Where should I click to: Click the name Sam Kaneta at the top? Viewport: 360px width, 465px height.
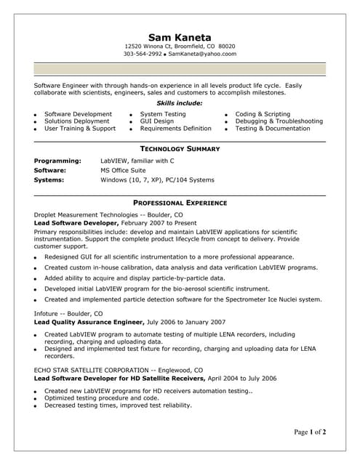(179, 37)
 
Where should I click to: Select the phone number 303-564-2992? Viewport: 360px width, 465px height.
(142, 54)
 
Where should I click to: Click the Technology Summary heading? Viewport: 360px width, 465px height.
(180, 148)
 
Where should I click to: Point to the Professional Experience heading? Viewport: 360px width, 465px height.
(180, 203)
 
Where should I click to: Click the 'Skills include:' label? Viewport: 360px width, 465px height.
(180, 103)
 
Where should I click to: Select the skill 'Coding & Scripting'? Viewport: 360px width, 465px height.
(263, 114)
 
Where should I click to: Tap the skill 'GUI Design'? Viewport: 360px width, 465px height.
(157, 121)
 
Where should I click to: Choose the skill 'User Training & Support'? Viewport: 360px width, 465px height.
(80, 129)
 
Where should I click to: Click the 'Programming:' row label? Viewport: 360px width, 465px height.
(57, 161)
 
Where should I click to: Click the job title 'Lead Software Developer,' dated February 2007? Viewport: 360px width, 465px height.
(77, 224)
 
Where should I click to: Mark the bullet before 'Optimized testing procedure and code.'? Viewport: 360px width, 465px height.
(36, 399)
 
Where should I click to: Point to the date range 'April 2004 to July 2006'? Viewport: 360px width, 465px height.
(242, 379)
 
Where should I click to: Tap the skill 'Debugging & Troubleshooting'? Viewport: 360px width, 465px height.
(279, 121)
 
